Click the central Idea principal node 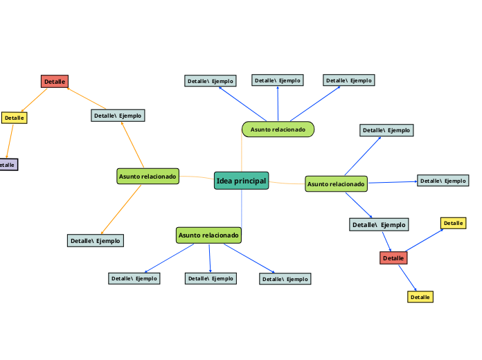(x=241, y=181)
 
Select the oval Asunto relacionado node (x=278, y=129)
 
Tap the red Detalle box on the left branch (x=55, y=82)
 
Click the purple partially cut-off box (x=8, y=165)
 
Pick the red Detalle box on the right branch (x=393, y=258)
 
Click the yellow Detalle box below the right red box (x=420, y=297)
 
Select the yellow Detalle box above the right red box (x=453, y=223)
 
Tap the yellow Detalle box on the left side (x=14, y=118)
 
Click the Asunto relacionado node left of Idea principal (x=148, y=177)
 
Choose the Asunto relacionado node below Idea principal (x=208, y=235)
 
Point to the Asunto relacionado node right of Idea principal (x=336, y=184)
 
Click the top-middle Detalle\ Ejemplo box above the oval (x=277, y=80)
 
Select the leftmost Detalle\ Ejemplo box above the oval (x=211, y=81)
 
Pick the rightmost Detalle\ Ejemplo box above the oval (x=349, y=80)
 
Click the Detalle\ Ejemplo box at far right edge (x=443, y=181)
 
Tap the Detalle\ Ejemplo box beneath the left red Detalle (x=118, y=116)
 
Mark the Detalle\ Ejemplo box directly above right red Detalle (x=379, y=224)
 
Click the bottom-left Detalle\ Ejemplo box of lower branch (x=134, y=278)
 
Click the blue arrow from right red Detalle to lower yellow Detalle (x=408, y=278)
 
